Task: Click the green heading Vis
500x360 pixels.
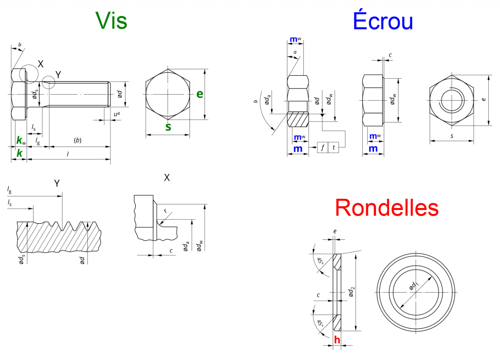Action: pos(111,21)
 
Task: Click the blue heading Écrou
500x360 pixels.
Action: pos(383,21)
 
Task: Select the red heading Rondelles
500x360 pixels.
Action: pos(387,208)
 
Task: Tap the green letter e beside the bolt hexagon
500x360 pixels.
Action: pos(200,94)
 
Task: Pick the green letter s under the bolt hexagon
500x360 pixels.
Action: pos(168,127)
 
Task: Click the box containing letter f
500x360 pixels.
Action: pos(323,147)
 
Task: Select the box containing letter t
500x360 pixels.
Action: pos(334,147)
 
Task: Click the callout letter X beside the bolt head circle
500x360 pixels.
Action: pos(41,64)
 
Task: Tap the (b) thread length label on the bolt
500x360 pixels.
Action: pos(78,141)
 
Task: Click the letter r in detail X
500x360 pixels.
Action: pos(166,211)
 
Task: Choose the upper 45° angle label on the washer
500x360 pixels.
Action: pos(321,261)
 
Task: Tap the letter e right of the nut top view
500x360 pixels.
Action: pos(483,99)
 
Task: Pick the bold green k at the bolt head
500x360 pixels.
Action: pos(19,153)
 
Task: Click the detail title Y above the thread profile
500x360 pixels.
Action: pos(57,183)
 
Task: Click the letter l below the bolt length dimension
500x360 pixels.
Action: pos(67,154)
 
